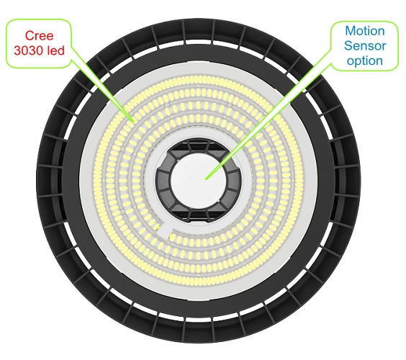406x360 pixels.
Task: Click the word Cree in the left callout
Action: pos(39,35)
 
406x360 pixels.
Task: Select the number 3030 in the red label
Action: pos(29,50)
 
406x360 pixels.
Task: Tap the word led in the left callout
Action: pos(55,50)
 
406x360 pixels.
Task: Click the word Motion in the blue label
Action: pos(365,31)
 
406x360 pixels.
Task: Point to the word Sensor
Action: pos(365,45)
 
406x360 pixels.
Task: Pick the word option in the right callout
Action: pos(365,61)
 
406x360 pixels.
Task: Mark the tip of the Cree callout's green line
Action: pos(133,121)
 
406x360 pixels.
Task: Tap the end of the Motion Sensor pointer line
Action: pos(206,179)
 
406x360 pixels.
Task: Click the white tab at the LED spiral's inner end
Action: pos(165,231)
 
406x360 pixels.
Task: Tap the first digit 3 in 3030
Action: pos(17,50)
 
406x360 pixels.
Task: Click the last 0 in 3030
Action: pos(40,50)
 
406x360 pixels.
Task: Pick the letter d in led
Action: pos(61,50)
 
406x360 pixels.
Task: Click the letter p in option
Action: pos(358,62)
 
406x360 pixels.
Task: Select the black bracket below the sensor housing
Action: pos(199,216)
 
